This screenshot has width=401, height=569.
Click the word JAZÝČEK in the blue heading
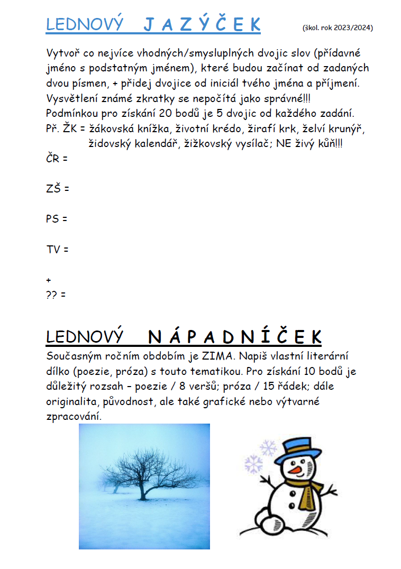coord(203,24)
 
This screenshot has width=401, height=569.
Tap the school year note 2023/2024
coord(338,27)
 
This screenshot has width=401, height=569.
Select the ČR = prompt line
coord(57,158)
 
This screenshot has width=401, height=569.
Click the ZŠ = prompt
coord(58,188)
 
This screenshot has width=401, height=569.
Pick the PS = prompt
coord(57,218)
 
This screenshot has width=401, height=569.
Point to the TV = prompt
coord(57,249)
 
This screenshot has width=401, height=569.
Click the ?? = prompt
coord(56,295)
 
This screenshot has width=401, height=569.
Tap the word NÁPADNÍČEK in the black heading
coord(234,337)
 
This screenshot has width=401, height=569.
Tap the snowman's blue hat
coord(292,450)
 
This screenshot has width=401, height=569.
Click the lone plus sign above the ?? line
coord(49,280)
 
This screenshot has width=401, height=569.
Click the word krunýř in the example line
coord(342,128)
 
